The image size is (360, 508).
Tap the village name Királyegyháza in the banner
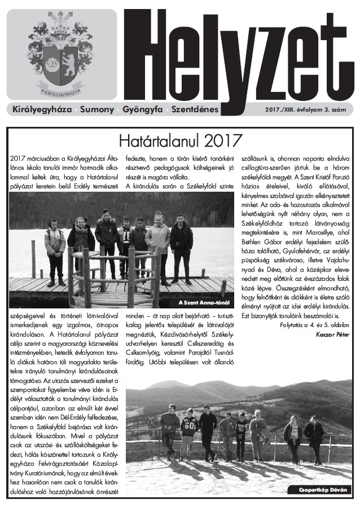[x=42, y=108]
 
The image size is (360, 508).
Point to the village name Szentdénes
[x=195, y=108]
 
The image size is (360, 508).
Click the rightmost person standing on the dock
[x=182, y=248]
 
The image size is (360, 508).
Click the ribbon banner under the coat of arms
[x=60, y=90]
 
